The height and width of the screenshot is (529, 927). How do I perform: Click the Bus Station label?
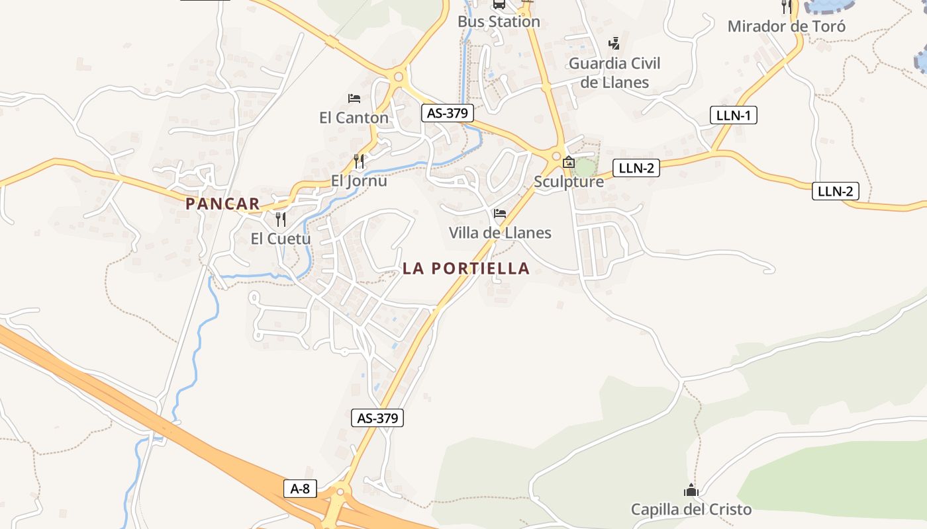pos(499,22)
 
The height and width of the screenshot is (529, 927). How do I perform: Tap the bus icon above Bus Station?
pos(499,4)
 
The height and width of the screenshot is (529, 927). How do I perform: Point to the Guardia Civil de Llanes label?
pos(614,73)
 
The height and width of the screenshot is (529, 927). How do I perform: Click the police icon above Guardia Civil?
pos(614,44)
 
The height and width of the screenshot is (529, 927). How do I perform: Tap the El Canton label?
pos(354,118)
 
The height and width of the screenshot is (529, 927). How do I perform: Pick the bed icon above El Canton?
pos(354,99)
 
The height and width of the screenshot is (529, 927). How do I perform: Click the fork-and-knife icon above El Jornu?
pos(359,161)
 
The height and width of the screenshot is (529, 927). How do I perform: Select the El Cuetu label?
pos(280,239)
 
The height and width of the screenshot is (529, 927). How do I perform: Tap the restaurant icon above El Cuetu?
pos(281,219)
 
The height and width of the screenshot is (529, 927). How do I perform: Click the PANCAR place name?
pos(222,204)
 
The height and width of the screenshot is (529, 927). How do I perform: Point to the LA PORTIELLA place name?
pos(466,268)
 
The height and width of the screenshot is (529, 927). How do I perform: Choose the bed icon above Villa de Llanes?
pos(500,213)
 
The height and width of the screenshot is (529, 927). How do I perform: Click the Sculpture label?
pos(569,182)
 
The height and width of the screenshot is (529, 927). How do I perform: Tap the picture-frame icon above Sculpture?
pos(568,161)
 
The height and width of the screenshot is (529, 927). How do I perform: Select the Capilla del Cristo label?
pos(691,510)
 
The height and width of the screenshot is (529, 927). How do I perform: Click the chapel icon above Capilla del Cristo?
pos(691,490)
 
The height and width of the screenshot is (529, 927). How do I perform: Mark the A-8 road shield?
pos(300,489)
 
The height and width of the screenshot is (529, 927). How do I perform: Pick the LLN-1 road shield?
pos(733,115)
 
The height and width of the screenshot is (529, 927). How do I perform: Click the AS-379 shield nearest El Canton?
pos(447,113)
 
